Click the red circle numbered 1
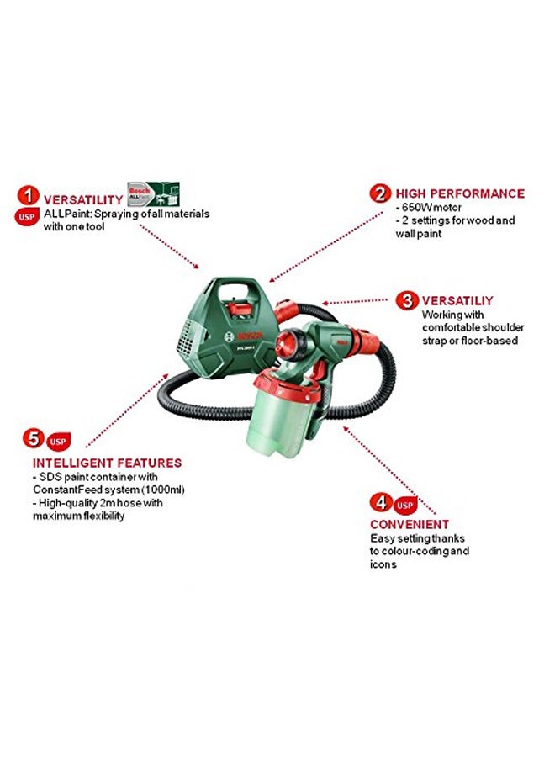(x=29, y=197)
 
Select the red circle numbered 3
(x=407, y=299)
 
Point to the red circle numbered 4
(x=381, y=503)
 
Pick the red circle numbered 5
(x=33, y=438)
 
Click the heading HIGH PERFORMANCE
(x=460, y=193)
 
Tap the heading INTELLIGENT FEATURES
(x=107, y=463)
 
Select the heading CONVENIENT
(x=410, y=525)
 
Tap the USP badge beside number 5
(x=58, y=440)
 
